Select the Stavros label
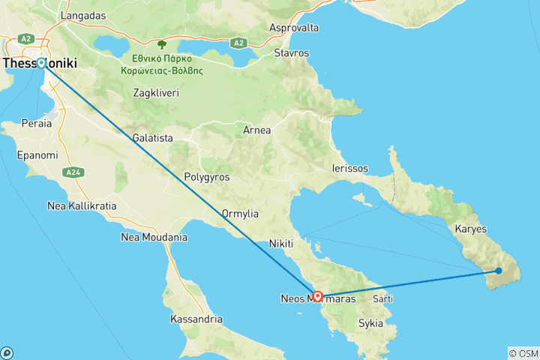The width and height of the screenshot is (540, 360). [292, 53]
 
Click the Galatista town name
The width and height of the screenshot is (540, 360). [152, 138]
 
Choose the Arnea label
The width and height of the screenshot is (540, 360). [257, 130]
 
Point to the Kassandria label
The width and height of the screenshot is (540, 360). [196, 319]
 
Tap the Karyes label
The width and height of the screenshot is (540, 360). [471, 229]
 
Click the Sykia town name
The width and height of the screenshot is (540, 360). [370, 324]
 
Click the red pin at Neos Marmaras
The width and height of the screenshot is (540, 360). [318, 296]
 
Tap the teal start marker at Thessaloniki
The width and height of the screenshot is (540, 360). [41, 63]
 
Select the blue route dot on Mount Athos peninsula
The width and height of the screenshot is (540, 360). [499, 271]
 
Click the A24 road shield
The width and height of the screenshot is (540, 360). [72, 172]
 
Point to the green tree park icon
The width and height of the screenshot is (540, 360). [161, 45]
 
